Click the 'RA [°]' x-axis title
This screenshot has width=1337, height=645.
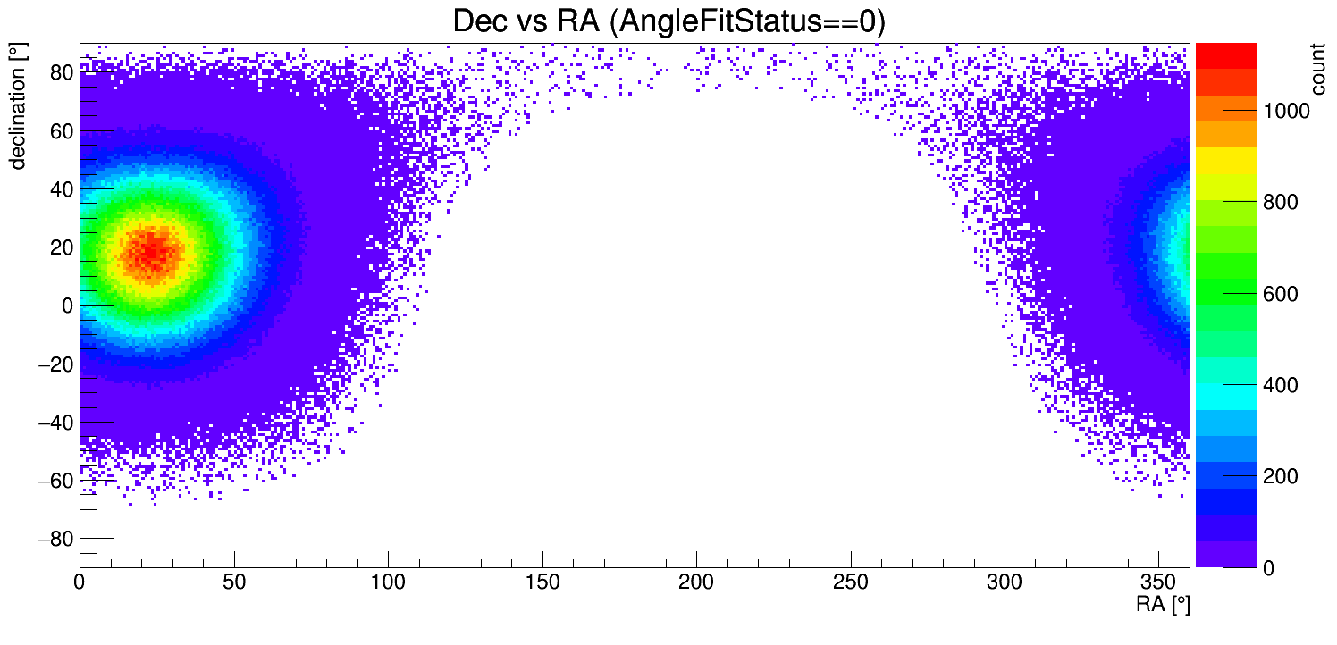click(1163, 605)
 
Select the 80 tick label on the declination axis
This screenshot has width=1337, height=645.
click(60, 73)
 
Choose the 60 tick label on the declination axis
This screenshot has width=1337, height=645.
click(60, 131)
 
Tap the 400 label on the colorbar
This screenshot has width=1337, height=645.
click(1276, 385)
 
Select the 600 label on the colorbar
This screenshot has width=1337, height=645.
click(1276, 294)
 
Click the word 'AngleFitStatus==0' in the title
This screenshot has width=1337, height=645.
click(746, 21)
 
